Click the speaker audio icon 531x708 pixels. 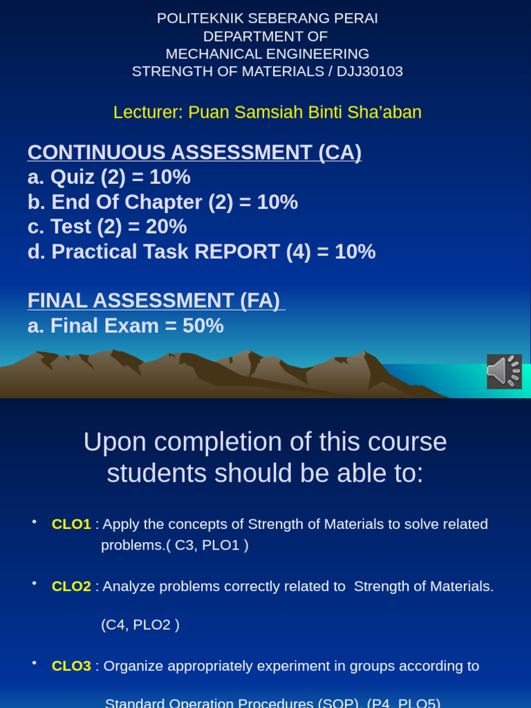504,371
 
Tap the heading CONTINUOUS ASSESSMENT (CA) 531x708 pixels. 194,152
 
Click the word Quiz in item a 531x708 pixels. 73,177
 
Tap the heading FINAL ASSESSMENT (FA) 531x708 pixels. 155,301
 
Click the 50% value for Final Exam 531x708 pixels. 203,326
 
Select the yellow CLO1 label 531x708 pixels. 71,524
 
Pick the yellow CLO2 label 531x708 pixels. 71,586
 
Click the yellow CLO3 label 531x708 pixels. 71,666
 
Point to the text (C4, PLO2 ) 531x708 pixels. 140,624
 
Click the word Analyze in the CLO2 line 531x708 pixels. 129,586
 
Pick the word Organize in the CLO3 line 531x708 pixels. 133,666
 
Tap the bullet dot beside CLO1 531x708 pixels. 34,521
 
